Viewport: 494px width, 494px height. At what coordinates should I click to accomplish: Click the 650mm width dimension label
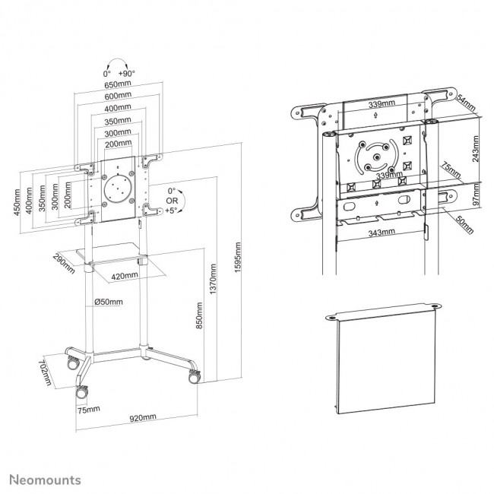click(118, 85)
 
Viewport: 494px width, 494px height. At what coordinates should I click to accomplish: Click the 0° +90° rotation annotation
click(119, 73)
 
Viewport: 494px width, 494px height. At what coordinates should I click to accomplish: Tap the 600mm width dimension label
click(118, 97)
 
